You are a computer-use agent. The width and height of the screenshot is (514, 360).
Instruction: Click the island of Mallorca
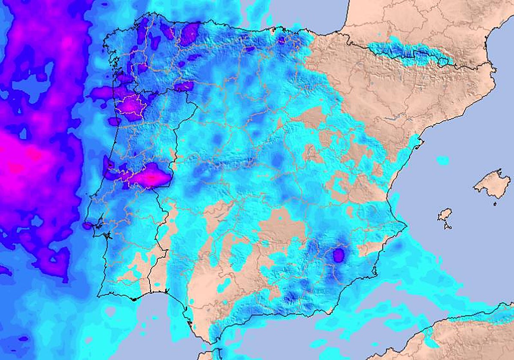493,184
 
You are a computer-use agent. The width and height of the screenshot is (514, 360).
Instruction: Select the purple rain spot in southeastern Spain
338,255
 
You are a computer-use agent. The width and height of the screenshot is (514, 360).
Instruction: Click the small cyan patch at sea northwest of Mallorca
442,161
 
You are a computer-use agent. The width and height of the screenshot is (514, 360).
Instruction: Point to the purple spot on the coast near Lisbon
87,225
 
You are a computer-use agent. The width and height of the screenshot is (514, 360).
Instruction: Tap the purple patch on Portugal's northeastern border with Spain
184,86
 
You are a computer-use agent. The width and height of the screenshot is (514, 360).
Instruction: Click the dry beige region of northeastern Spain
385,94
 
